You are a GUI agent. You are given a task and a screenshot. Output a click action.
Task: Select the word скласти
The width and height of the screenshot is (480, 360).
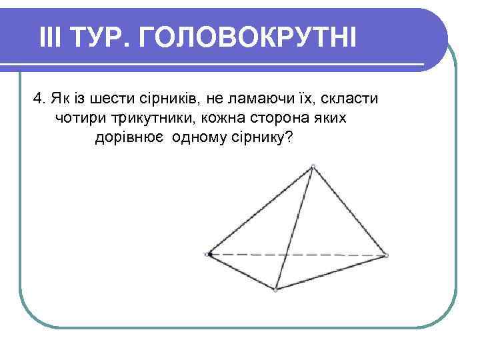coord(351,99)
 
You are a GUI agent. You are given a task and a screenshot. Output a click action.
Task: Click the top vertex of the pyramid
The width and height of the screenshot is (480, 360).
coord(313,167)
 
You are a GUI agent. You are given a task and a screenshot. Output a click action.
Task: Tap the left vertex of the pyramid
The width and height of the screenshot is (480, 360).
coord(209,254)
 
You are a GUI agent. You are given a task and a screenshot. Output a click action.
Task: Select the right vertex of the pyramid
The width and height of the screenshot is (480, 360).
coord(386,255)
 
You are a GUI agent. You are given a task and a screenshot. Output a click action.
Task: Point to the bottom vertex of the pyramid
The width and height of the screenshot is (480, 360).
coord(276,289)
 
